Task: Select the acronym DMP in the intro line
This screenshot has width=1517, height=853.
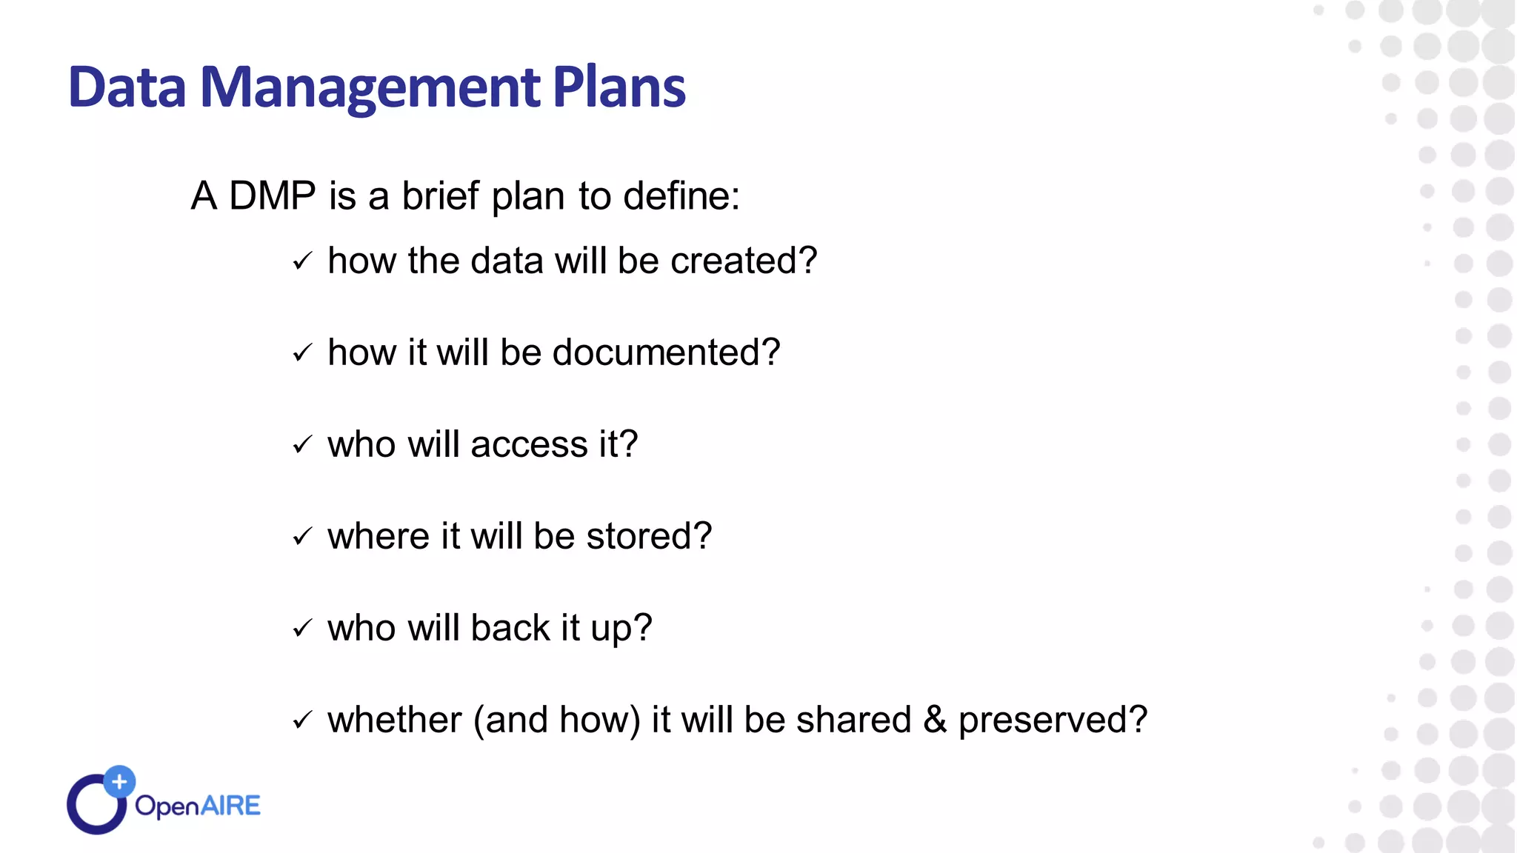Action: [x=272, y=196]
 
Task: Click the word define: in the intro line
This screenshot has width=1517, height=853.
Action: [x=681, y=196]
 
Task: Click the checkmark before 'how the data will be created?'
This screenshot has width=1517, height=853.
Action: [x=302, y=261]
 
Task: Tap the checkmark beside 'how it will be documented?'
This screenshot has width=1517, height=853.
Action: [x=302, y=353]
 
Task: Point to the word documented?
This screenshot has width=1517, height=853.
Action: [x=666, y=352]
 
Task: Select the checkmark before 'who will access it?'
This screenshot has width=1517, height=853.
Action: [x=302, y=445]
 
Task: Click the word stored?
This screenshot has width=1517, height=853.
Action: [x=649, y=536]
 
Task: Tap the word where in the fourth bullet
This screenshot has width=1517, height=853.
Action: [x=378, y=536]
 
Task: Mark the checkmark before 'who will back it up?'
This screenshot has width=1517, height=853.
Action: [x=302, y=629]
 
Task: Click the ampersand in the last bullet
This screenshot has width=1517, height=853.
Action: [x=935, y=720]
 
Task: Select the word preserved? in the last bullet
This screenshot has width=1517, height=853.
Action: [x=1053, y=720]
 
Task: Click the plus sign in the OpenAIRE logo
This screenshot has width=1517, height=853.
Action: [x=119, y=781]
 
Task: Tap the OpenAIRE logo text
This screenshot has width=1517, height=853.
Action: [x=198, y=806]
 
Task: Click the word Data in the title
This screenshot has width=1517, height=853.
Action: [x=127, y=87]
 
